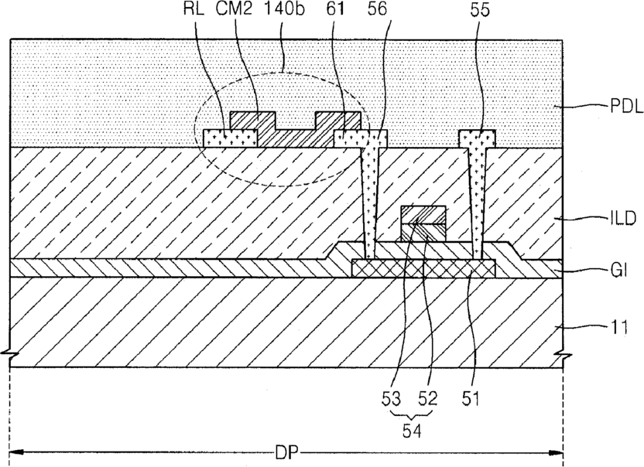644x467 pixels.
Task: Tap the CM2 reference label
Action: [x=236, y=11]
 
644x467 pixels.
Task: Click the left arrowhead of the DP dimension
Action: [x=17, y=451]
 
